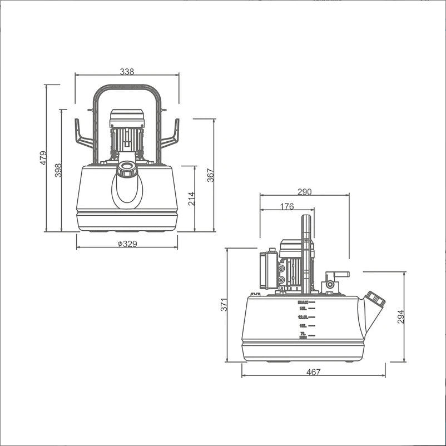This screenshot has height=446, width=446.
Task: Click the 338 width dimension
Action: (x=127, y=71)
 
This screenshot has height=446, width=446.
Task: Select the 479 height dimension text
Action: (x=43, y=158)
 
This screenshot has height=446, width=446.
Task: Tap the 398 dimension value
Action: (x=58, y=170)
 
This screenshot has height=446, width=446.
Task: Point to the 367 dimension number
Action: (x=210, y=175)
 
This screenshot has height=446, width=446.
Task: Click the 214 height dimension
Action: (x=191, y=199)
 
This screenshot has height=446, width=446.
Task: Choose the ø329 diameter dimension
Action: (x=127, y=244)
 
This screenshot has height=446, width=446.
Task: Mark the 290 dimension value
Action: (x=304, y=192)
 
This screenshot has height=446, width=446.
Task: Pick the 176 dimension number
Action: (x=287, y=207)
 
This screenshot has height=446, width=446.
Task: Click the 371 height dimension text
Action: (x=224, y=305)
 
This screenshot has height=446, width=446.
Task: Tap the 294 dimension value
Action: (x=401, y=316)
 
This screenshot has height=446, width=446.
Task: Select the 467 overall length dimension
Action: (x=314, y=372)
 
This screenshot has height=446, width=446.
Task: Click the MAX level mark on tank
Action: (x=303, y=303)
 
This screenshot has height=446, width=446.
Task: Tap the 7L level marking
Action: (x=303, y=334)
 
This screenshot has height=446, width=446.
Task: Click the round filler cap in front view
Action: (x=127, y=169)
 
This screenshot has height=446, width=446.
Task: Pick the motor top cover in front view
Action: (x=127, y=117)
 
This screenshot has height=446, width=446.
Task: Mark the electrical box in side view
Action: (x=267, y=270)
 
